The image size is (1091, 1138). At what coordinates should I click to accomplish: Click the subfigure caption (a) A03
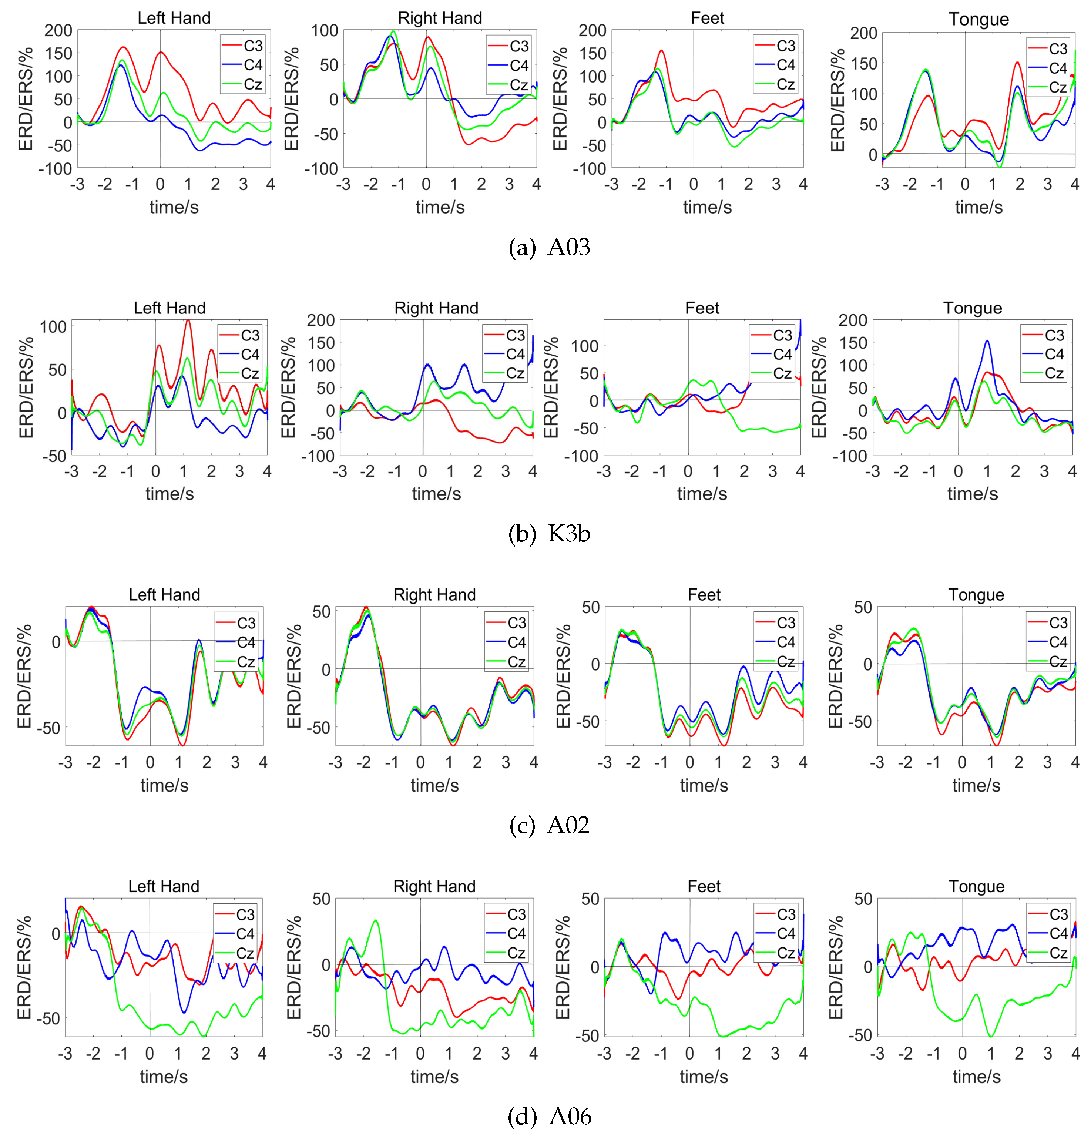pos(549,247)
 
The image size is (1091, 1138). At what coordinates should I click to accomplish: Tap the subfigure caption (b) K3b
pos(549,533)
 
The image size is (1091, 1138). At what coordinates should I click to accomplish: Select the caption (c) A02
pos(549,825)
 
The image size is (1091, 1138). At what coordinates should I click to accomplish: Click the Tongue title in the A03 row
pos(978,19)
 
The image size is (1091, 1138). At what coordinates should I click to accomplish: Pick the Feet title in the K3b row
pos(702,308)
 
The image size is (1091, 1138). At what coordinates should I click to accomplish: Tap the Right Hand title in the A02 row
pos(434,595)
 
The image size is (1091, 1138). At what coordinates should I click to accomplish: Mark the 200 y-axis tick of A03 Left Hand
pos(58,30)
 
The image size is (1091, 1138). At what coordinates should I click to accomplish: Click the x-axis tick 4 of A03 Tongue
pos(1075,185)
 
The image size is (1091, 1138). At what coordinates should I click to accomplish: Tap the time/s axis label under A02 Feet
pos(704,786)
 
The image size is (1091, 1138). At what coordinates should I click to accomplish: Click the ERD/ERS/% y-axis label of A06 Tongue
pos(836,967)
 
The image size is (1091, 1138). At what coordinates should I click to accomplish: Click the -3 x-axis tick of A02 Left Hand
pos(65,762)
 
